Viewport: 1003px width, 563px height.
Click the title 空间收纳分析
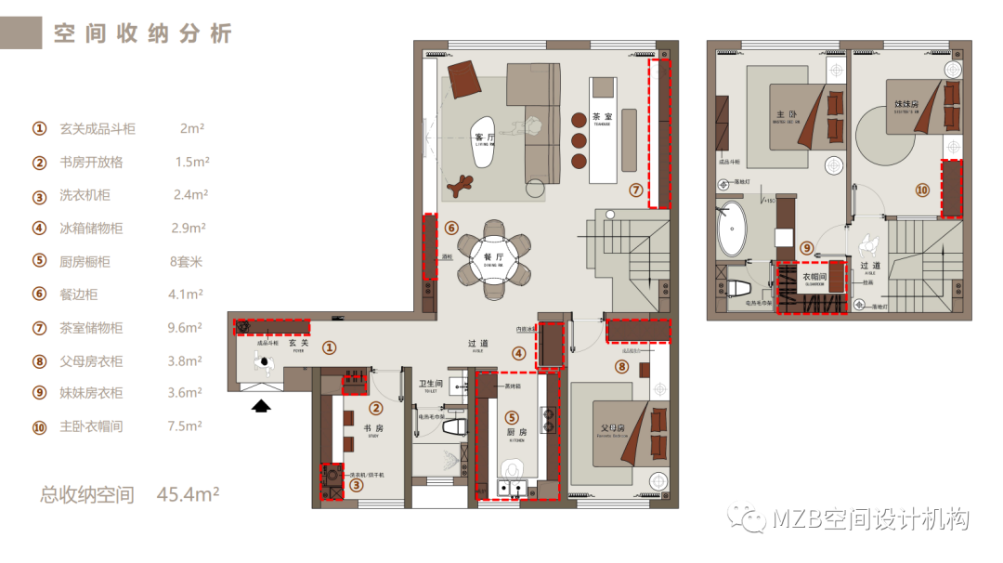tap(142, 34)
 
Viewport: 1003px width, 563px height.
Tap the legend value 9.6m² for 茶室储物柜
tap(185, 327)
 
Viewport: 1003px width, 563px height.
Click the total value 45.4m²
tap(189, 494)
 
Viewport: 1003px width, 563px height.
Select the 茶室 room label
tap(602, 118)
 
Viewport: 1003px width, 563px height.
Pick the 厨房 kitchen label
tap(516, 432)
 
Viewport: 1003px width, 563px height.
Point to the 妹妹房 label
tap(906, 104)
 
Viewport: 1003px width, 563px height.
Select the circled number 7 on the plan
tap(635, 190)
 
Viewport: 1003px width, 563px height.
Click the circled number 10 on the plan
tap(921, 190)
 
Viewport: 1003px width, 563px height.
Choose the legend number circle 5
tap(39, 261)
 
